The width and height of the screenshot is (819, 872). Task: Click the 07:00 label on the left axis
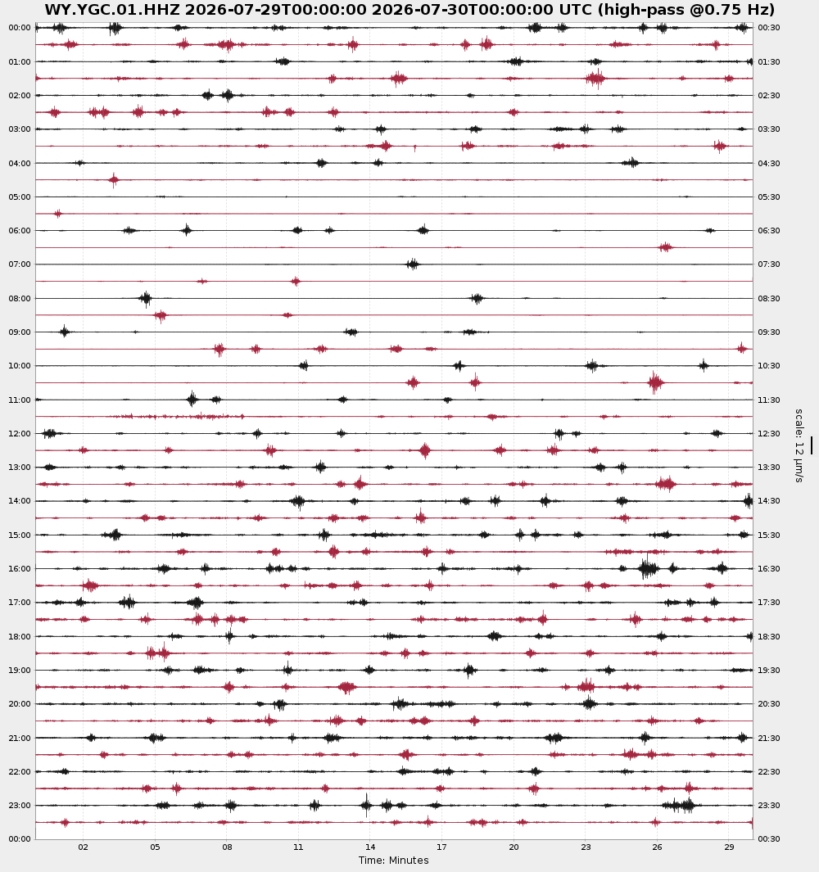pyautogui.click(x=20, y=264)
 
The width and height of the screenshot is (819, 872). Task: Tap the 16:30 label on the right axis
pyautogui.click(x=769, y=568)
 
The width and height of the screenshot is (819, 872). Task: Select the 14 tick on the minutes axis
pyautogui.click(x=370, y=847)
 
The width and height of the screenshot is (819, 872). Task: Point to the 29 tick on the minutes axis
pyautogui.click(x=729, y=847)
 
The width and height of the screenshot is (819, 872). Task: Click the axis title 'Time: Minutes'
pyautogui.click(x=393, y=861)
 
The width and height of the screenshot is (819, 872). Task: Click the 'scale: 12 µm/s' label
pyautogui.click(x=799, y=445)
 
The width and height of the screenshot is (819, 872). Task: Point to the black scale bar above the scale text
pyautogui.click(x=811, y=445)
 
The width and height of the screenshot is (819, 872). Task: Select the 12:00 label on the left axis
pyautogui.click(x=20, y=433)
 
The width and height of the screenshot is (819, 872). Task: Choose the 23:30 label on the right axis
pyautogui.click(x=769, y=805)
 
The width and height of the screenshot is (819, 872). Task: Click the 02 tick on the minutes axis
pyautogui.click(x=83, y=847)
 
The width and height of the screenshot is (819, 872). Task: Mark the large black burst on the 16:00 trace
pyautogui.click(x=648, y=568)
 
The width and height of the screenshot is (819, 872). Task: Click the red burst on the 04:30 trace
pyautogui.click(x=114, y=179)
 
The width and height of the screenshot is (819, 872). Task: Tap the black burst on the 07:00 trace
pyautogui.click(x=413, y=264)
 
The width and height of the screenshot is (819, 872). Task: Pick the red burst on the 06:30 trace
pyautogui.click(x=665, y=247)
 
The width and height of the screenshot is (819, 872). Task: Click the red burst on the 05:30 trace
pyautogui.click(x=58, y=214)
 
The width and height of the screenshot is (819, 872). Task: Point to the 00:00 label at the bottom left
pyautogui.click(x=20, y=838)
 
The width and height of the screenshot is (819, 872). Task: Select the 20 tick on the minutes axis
pyautogui.click(x=514, y=847)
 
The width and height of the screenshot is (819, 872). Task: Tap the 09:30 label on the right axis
pyautogui.click(x=769, y=332)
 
